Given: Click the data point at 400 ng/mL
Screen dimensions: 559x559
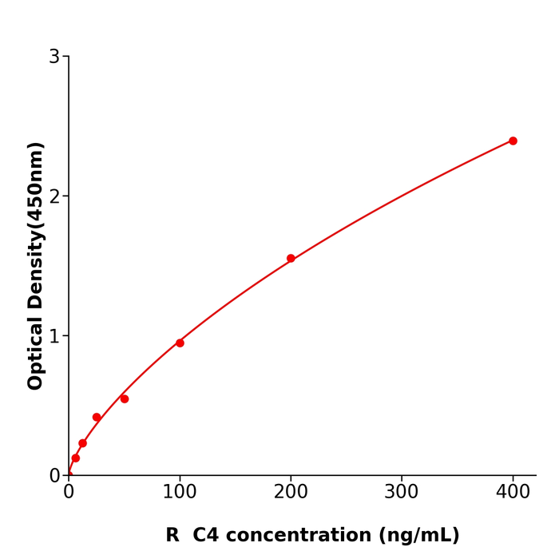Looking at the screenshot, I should coord(513,141).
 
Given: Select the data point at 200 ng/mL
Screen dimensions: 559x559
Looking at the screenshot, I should coord(291,258).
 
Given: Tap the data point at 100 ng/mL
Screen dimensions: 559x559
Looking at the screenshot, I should coord(180,343).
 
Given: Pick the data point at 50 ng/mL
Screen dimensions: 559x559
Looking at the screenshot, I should coord(125,398).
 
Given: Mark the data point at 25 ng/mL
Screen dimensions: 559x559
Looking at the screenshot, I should coord(97,417).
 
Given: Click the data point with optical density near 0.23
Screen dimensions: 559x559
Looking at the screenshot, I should coord(82,443).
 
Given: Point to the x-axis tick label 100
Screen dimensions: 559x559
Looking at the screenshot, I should coord(180,493).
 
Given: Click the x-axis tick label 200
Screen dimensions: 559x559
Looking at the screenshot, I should coord(291,493).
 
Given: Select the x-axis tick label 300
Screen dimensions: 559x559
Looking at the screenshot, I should coord(402,493).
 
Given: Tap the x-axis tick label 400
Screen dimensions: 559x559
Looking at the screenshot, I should coord(513,493).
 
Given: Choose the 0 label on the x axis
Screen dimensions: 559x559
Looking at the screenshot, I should coord(69,493).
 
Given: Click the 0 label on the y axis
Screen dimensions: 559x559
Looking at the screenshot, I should coord(54,475).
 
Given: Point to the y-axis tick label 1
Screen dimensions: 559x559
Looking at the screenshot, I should coord(54,335).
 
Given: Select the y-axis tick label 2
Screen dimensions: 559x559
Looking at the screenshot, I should coord(54,196).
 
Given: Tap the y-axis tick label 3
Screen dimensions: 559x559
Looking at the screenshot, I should coord(54,56).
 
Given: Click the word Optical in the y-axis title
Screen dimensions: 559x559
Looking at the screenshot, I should coord(35,354).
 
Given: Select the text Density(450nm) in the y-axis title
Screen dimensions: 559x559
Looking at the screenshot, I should coord(35,228).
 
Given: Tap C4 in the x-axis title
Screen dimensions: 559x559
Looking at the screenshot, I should coord(206,535).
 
